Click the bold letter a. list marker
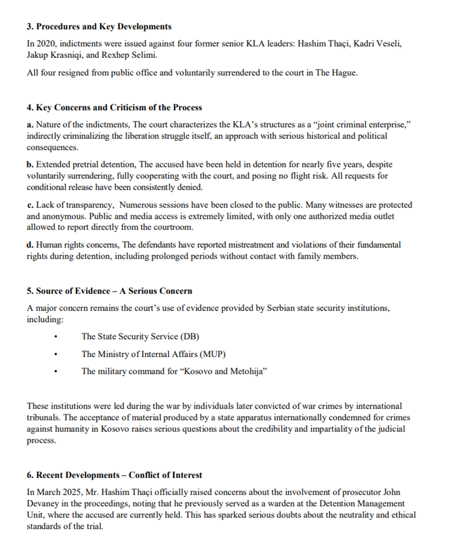[30, 125]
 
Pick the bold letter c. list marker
[30, 205]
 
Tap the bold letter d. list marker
[30, 245]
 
